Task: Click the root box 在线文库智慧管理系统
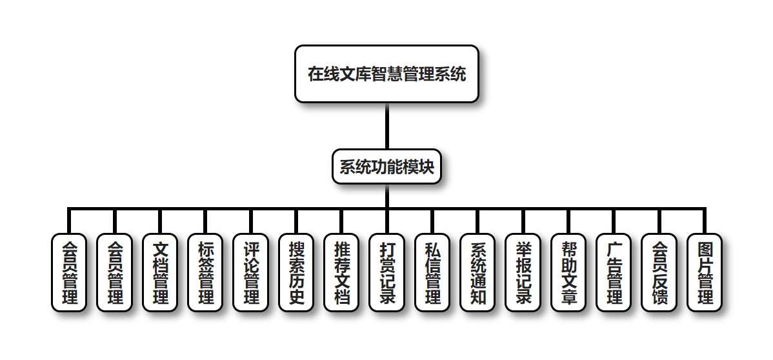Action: [x=386, y=74]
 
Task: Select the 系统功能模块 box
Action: [x=386, y=166]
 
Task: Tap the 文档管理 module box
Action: [x=159, y=272]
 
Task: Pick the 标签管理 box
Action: [x=205, y=272]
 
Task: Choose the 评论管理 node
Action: [x=250, y=272]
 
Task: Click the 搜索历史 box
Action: [x=296, y=272]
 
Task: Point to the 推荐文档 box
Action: [x=341, y=272]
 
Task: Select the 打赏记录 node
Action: [x=386, y=272]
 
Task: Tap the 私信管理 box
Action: [x=432, y=272]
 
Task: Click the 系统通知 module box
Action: [x=477, y=272]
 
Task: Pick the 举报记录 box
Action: [x=523, y=272]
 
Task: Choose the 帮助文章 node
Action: [x=568, y=272]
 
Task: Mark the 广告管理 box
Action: [x=614, y=272]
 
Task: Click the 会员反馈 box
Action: [x=659, y=272]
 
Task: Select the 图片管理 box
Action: [x=705, y=272]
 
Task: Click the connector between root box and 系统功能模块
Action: [x=386, y=126]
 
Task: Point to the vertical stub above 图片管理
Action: [x=705, y=221]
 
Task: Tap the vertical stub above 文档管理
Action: [x=159, y=221]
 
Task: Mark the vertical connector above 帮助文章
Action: [x=568, y=221]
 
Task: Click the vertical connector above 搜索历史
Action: [x=296, y=221]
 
